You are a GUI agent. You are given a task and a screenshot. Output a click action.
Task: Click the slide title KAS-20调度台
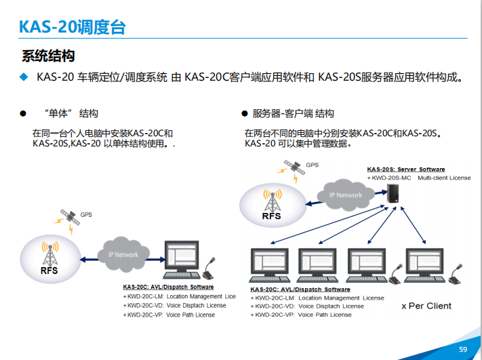[x=72, y=27]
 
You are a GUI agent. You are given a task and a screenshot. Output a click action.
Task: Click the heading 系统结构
[x=48, y=56]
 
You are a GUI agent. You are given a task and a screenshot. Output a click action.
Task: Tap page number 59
[x=464, y=349]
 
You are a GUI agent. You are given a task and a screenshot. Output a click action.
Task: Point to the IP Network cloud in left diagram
[x=123, y=254]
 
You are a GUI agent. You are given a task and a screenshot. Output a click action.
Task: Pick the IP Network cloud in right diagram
[x=345, y=195]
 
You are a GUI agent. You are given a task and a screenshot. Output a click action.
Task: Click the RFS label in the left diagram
[x=49, y=269]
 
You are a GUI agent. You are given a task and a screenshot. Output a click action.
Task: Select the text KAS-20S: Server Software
[x=405, y=169]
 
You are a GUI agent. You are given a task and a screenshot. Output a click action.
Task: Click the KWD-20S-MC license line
[x=419, y=178]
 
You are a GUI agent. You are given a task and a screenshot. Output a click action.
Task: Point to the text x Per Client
[x=426, y=306]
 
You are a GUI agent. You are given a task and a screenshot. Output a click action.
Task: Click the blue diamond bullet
[x=24, y=77]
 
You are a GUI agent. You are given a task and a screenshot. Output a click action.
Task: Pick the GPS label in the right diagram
[x=312, y=165]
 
